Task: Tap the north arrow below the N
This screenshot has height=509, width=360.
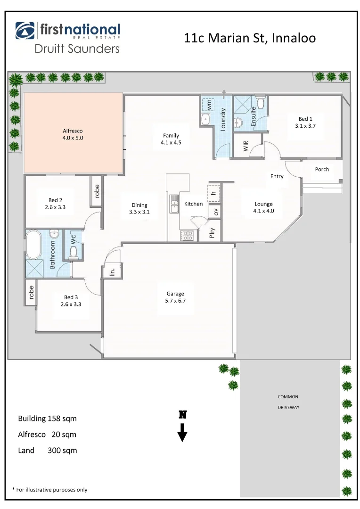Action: point(182,432)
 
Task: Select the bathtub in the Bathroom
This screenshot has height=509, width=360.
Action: point(34,244)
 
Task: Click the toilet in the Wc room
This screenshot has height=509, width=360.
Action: point(73,253)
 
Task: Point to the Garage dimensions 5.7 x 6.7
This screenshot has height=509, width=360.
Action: point(175,300)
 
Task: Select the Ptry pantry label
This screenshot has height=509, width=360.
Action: point(212,233)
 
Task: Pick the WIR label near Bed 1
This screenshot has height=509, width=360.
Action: point(245,147)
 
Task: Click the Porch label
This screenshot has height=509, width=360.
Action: point(322,169)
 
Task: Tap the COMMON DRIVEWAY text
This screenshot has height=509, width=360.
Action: point(288,402)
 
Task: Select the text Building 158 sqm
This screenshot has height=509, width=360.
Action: point(47,419)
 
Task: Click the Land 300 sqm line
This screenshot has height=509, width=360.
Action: point(47,451)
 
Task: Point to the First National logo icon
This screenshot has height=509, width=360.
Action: point(25,31)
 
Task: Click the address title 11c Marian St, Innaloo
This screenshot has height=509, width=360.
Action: point(250,38)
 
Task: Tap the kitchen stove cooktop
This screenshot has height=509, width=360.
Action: point(187,235)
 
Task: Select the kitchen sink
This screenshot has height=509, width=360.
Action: point(174,204)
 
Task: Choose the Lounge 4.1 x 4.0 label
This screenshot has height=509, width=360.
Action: point(264,207)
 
